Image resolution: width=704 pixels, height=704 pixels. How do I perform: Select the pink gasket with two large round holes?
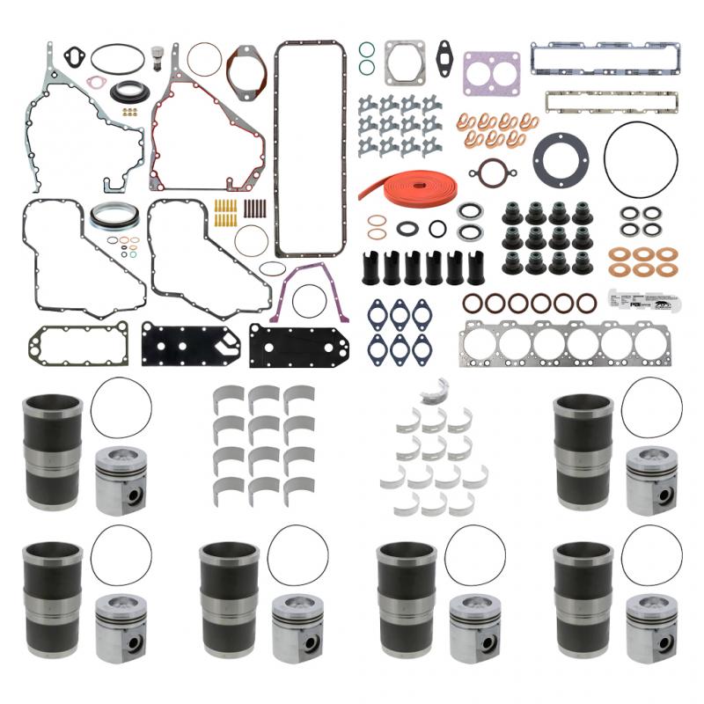coord(490,71)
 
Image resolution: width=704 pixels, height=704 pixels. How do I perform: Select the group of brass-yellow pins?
coord(225,212)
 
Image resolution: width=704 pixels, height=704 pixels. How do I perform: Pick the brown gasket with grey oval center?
coord(246,70)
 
